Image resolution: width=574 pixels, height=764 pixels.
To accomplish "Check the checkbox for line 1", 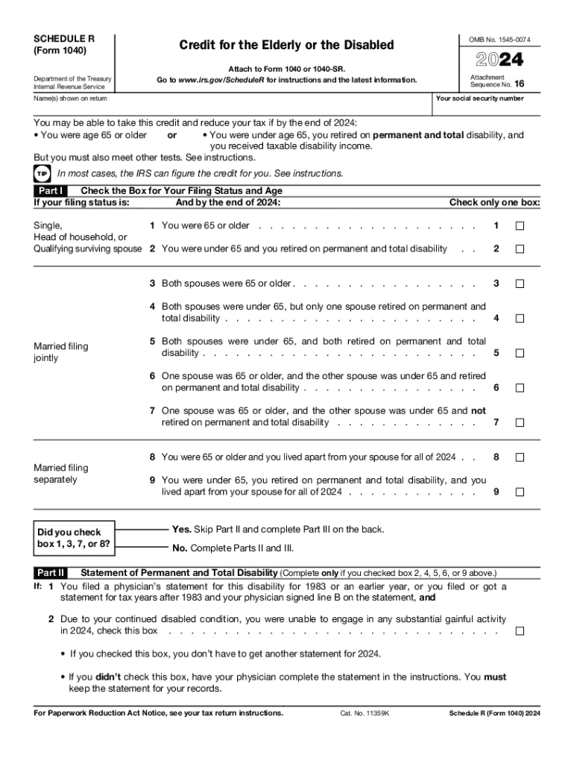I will [x=520, y=226].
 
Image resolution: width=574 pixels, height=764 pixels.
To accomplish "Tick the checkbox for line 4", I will [x=520, y=319].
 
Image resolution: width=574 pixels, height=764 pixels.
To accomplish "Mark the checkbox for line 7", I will [x=520, y=422].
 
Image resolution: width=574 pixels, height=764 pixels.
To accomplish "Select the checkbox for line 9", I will [x=520, y=492].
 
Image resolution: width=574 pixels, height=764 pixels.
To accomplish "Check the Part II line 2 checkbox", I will [x=520, y=631].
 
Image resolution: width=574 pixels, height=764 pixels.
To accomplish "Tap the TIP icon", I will [x=41, y=174].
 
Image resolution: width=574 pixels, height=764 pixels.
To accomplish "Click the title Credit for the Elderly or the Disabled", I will [x=286, y=46].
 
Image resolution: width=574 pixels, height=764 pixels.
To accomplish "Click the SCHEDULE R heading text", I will [x=64, y=38].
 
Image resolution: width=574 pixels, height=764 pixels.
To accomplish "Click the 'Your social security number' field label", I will [x=479, y=98].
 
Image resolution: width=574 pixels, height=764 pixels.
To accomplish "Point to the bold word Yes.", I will [x=181, y=529].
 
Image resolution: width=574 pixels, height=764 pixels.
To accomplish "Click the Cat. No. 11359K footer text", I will [x=360, y=713].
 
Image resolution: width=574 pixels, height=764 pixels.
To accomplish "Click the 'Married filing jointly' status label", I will [x=61, y=352].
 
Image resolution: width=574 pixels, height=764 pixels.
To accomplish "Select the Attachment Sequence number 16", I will [x=519, y=85].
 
